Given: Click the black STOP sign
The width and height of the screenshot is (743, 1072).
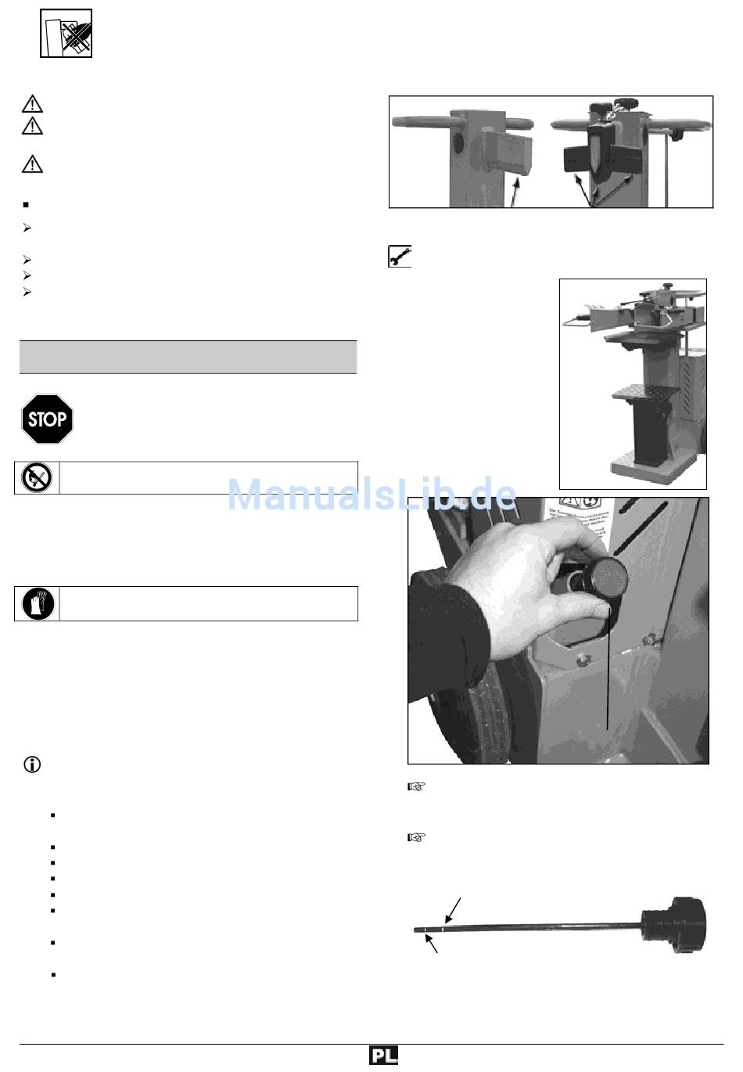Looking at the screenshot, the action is [x=48, y=419].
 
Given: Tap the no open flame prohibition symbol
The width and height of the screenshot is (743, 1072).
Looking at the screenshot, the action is [x=37, y=477].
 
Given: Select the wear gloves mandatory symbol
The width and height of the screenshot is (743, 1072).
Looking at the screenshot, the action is [x=38, y=603].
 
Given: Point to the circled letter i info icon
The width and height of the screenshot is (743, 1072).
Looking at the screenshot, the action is [x=32, y=764].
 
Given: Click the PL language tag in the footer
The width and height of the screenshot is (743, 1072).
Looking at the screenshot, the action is [x=383, y=1055].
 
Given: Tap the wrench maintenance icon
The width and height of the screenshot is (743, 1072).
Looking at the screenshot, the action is [x=400, y=256].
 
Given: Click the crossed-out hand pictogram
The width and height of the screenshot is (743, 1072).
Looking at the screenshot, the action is [x=66, y=34].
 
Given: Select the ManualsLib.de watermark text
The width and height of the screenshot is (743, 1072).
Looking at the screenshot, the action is [x=372, y=494].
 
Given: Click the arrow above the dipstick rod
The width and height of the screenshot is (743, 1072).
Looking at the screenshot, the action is [x=453, y=910].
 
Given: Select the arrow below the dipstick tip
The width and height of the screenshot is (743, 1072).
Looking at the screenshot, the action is [x=431, y=943].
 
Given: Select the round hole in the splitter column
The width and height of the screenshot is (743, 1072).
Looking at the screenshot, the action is [x=458, y=143].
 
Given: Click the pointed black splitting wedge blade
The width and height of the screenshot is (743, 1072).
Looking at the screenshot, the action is [x=594, y=153].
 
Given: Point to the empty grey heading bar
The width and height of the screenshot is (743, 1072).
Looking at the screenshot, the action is [x=188, y=357].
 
